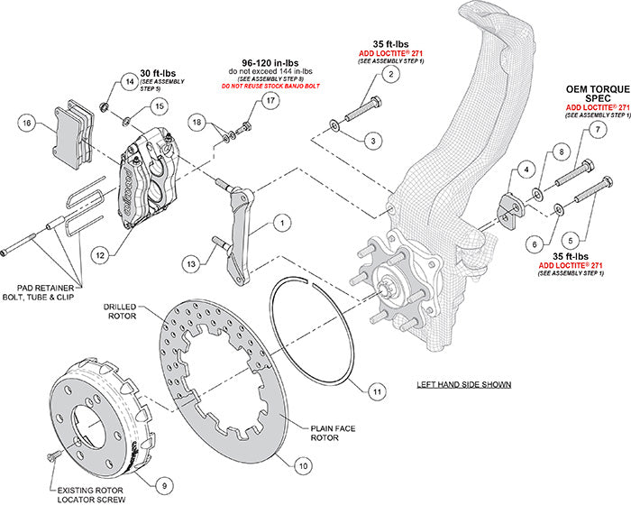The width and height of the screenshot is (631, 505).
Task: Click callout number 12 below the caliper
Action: [101, 256]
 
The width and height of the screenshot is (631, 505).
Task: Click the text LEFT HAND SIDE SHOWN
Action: [465, 384]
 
